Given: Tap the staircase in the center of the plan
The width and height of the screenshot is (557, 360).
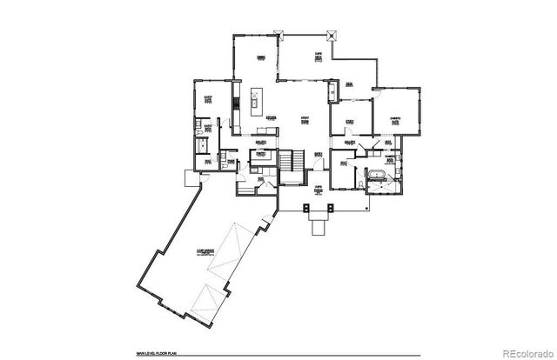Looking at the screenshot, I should coord(289,161).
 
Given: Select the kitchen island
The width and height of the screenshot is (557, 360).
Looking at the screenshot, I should coord(253,102).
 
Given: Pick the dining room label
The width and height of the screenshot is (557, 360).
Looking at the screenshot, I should coord(259,58).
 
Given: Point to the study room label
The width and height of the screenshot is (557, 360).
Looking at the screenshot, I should coord(348,123).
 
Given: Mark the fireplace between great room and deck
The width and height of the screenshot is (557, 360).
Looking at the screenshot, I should coord(331,90).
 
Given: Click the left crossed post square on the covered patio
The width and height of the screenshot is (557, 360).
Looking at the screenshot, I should coord(278,34).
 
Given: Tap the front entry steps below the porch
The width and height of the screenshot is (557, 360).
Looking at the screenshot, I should coord(319,228).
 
